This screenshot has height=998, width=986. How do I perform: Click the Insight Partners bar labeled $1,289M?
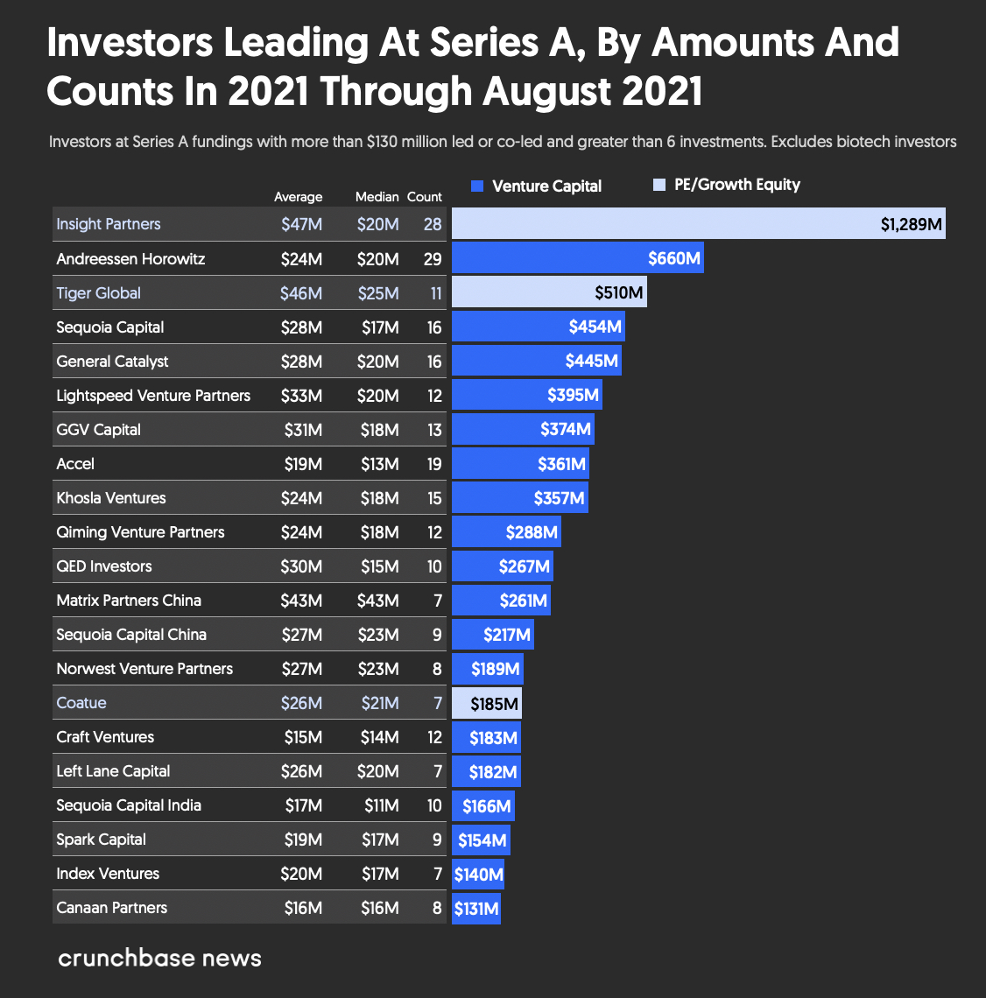click(x=698, y=224)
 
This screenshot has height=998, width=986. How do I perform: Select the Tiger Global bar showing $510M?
click(x=549, y=292)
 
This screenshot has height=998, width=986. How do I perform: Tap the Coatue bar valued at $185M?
click(x=486, y=703)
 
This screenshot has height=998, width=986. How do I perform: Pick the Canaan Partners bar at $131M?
click(x=475, y=908)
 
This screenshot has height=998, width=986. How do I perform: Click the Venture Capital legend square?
click(x=477, y=186)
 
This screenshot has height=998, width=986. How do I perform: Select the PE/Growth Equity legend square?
click(x=660, y=185)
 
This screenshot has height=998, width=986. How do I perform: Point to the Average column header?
click(x=298, y=197)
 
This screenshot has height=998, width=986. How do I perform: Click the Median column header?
click(x=377, y=197)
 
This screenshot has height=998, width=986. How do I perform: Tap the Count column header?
click(x=425, y=197)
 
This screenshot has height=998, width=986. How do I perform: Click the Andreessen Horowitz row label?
click(x=130, y=259)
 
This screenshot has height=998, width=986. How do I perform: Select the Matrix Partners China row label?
click(x=129, y=601)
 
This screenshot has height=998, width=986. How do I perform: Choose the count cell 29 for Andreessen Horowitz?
click(x=432, y=259)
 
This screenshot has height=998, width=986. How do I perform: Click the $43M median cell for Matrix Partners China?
click(x=379, y=601)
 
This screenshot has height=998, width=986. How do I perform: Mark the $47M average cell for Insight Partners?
click(x=301, y=224)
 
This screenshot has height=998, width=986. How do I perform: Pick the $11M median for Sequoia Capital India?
click(x=381, y=805)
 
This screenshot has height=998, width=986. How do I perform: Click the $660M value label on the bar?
click(x=673, y=259)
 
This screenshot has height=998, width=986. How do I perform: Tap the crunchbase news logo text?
click(x=159, y=958)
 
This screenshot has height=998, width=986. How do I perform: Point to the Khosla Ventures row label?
click(x=110, y=498)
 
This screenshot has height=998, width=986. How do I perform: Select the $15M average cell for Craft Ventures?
click(x=303, y=737)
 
